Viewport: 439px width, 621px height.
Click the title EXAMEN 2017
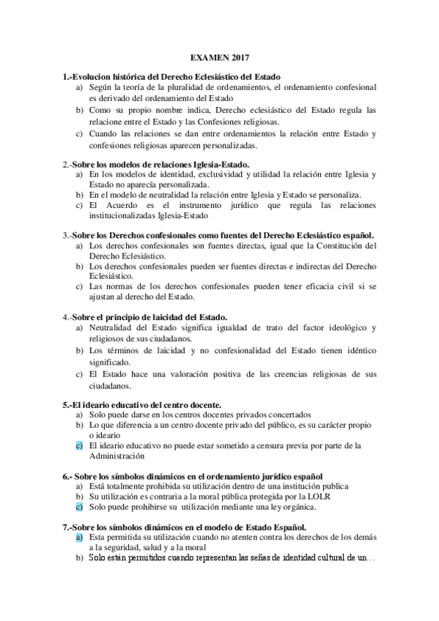click(219, 56)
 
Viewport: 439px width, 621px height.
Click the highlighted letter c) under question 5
click(78, 445)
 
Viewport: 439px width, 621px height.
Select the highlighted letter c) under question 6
click(78, 505)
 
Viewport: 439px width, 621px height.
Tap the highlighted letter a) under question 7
click(78, 537)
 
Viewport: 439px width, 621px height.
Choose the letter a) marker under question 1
click(78, 87)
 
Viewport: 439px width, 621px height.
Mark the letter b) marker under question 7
click(78, 558)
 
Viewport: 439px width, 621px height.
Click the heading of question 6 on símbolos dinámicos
click(193, 476)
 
